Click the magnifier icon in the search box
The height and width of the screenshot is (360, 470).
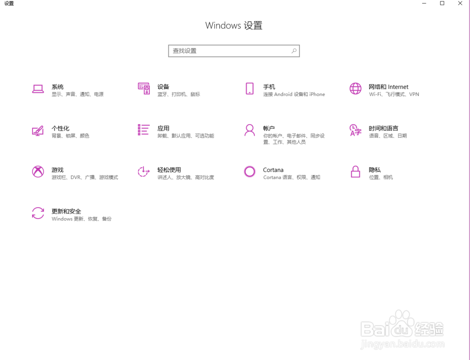[x=294, y=51]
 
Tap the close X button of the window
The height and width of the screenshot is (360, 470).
[x=460, y=3]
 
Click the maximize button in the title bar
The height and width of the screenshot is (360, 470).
[x=442, y=3]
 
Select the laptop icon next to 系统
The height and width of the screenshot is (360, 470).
[x=38, y=89]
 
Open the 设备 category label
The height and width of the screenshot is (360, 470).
[x=163, y=87]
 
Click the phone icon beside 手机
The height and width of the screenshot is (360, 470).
[x=250, y=89]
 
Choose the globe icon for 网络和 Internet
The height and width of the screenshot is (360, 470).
[x=355, y=89]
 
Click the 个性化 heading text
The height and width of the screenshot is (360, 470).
[x=60, y=128]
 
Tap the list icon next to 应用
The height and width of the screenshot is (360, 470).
[x=143, y=130]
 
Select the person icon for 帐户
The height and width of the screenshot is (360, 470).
[x=250, y=130]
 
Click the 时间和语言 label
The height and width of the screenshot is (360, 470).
[x=383, y=128]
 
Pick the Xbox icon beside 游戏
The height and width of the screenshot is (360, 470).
[x=38, y=172]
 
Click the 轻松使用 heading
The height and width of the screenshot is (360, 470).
[x=169, y=170]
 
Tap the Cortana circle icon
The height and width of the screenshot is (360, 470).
[x=250, y=172]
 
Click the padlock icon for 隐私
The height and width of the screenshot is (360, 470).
[x=355, y=172]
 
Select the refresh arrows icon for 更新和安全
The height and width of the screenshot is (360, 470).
[x=38, y=213]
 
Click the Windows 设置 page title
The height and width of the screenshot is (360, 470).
[x=234, y=26]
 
